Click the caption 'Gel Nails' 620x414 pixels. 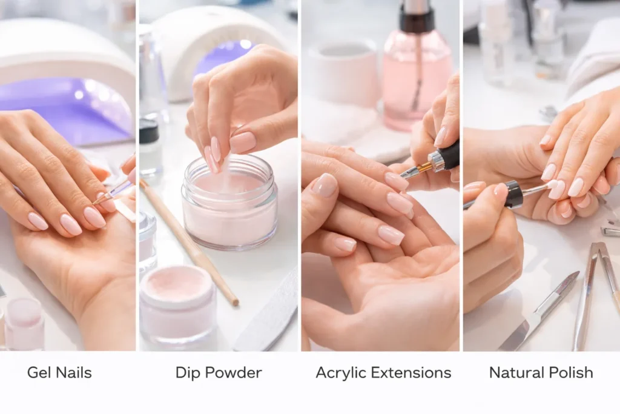pos(59,372)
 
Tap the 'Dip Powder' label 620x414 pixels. pos(219,372)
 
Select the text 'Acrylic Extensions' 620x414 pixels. pos(383,372)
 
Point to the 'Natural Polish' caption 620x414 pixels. pos(541,372)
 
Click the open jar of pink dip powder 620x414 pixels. pos(229,203)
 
